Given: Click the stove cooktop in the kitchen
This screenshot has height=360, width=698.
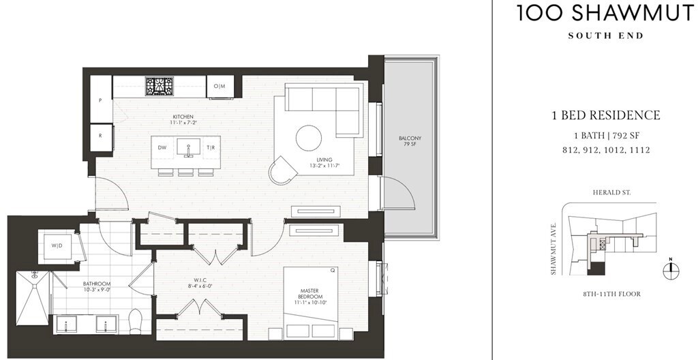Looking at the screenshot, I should point(160,85).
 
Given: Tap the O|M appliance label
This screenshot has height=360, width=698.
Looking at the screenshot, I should point(219,86).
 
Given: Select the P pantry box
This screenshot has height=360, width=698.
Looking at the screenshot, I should point(101,100).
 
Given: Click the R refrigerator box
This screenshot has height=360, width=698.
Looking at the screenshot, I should point(101,135).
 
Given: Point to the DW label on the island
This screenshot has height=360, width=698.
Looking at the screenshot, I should point(162,147).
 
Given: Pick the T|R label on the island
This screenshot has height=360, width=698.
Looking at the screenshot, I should point(211,147).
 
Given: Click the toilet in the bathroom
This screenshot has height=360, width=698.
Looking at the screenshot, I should point(135,320).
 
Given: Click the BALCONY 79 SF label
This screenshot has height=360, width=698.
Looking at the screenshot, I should point(410,141).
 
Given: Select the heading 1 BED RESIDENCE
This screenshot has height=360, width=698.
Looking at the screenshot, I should point(605,115).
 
